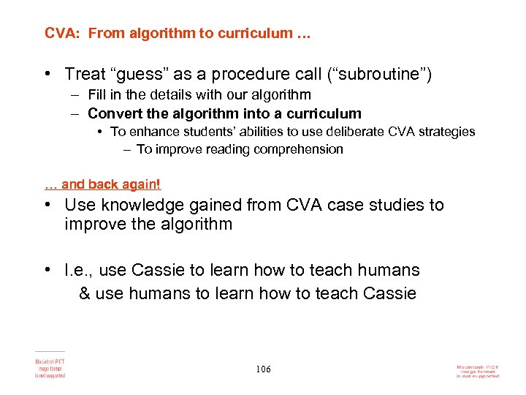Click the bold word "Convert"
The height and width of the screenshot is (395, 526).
pos(111,113)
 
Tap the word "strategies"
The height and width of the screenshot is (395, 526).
pos(446,132)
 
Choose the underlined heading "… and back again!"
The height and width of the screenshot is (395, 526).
pos(102,185)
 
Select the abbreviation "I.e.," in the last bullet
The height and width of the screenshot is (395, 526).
pos(79,271)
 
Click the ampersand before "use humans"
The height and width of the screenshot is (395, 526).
pos(84,294)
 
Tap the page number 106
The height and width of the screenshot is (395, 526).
pos(263,369)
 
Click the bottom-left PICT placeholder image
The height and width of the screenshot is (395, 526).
pos(50,366)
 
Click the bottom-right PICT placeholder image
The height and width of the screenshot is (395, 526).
pos(476,371)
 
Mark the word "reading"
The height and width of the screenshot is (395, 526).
pos(207,149)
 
